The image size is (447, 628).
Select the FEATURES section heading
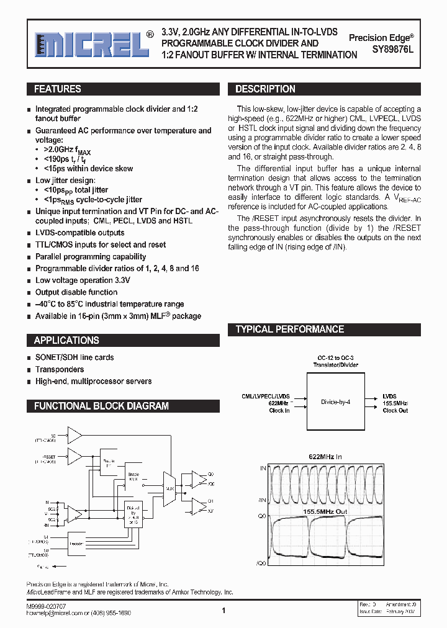pos(57,89)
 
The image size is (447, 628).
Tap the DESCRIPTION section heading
pos(265,89)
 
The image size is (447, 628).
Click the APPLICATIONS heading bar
pos(66,341)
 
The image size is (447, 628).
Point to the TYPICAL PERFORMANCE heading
pos(289,330)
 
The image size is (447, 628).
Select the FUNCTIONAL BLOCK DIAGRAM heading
pos(101,406)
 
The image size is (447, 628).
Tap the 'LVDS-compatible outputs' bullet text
pos(79,233)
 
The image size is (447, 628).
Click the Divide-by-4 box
pos(335,401)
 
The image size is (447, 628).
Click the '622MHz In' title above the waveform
pos(325,456)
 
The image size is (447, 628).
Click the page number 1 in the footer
pos(223,611)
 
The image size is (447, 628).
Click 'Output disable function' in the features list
pos(76,292)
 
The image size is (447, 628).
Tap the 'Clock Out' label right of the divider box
pos(395,411)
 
